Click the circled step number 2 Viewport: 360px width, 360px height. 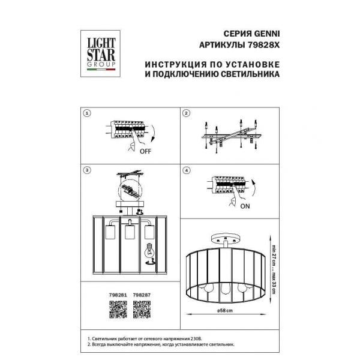(x=186, y=113)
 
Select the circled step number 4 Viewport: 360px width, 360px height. (x=186, y=170)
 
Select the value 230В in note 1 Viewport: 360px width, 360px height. (x=203, y=339)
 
